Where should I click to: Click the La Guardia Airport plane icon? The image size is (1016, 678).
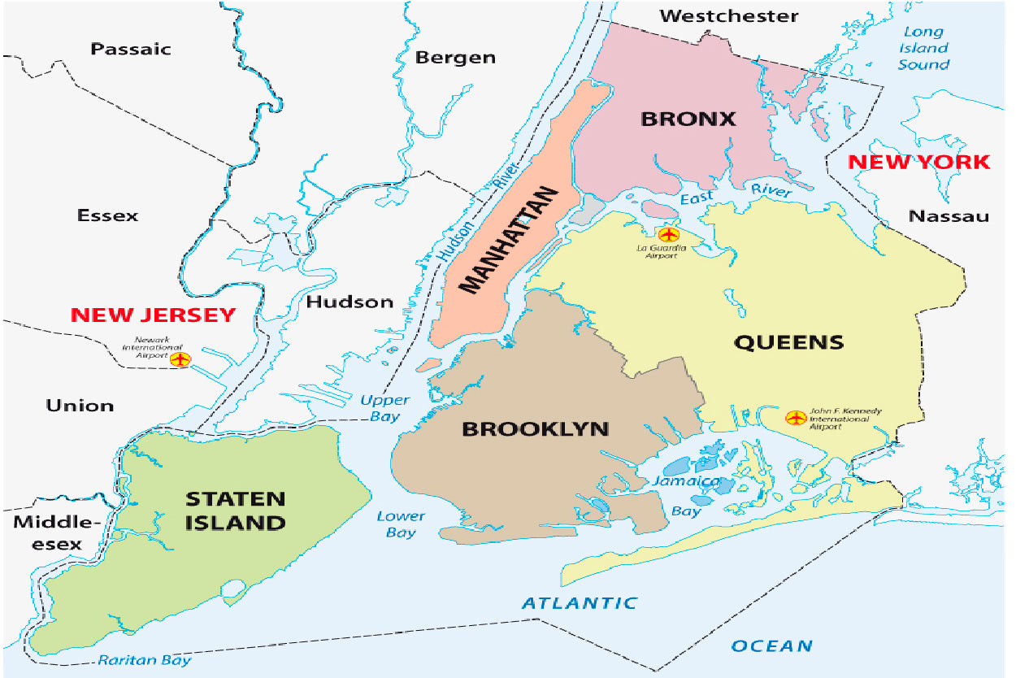668,235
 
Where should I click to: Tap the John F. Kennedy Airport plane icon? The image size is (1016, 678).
795,418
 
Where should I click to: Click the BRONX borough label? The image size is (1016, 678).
688,119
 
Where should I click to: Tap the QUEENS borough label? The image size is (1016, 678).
788,342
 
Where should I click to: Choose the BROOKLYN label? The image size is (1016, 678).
535,428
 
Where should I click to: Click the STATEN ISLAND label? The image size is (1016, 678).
235,510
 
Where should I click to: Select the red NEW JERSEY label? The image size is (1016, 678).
153,315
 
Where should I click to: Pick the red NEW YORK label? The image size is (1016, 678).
919,162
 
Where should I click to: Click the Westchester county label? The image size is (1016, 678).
729,15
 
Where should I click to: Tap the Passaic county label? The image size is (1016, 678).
131,49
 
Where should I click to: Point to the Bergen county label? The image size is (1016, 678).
455,57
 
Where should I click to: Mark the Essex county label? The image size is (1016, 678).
107,215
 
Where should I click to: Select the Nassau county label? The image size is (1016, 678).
949,215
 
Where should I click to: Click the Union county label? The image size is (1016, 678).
80,405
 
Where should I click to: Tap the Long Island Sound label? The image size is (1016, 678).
923,48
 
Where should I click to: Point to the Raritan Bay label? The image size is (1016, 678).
145,659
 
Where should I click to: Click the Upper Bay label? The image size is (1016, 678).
385,408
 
